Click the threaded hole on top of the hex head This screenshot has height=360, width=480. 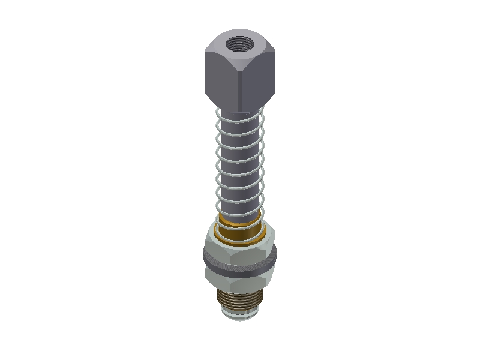click(239, 43)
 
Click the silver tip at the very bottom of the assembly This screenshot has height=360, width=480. click(240, 316)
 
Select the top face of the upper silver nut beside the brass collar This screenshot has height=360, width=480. click(270, 231)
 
